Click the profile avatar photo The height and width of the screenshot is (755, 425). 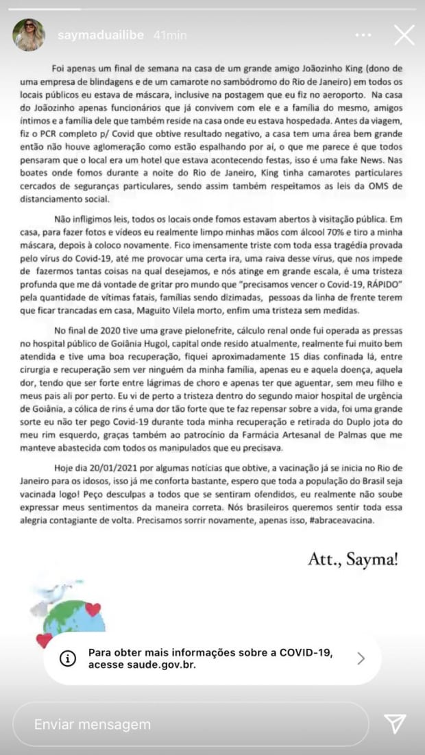pyautogui.click(x=29, y=35)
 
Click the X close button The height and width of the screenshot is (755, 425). pyautogui.click(x=404, y=34)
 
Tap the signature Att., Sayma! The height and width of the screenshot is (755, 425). pyautogui.click(x=353, y=560)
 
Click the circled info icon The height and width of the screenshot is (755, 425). pyautogui.click(x=68, y=658)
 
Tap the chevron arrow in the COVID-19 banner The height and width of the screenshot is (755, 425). pyautogui.click(x=361, y=658)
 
